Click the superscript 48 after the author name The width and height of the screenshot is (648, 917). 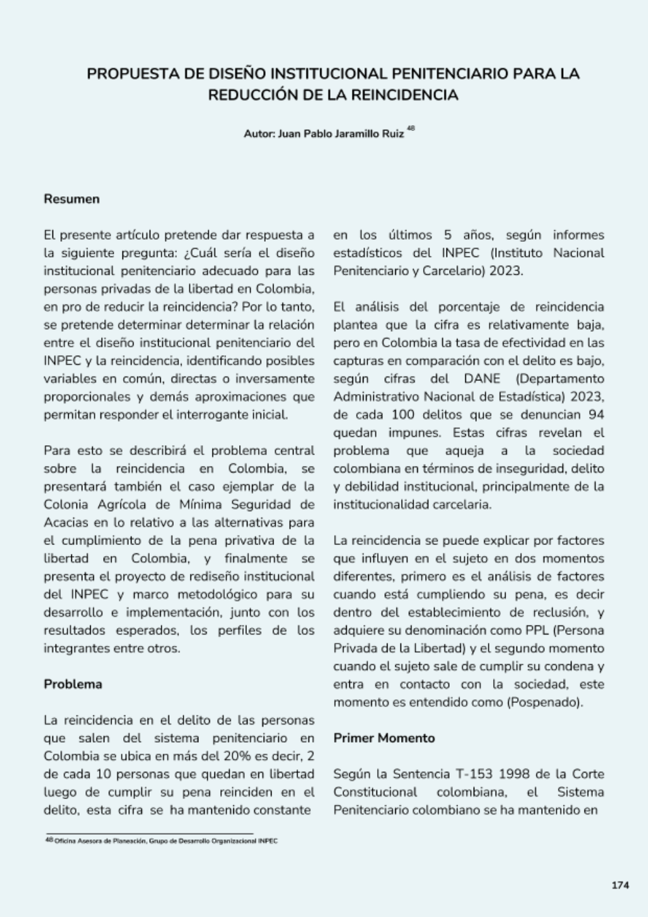click(411, 128)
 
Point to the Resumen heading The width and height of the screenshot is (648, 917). click(72, 199)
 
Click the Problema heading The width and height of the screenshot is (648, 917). click(73, 684)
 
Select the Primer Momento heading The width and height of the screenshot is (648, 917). click(384, 738)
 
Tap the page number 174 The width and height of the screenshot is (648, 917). click(620, 885)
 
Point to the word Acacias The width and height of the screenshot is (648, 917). click(69, 522)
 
